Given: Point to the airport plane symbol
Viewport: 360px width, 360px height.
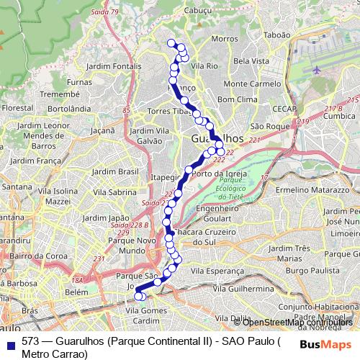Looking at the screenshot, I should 318,70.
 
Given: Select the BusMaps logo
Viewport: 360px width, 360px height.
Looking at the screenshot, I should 320,343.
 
